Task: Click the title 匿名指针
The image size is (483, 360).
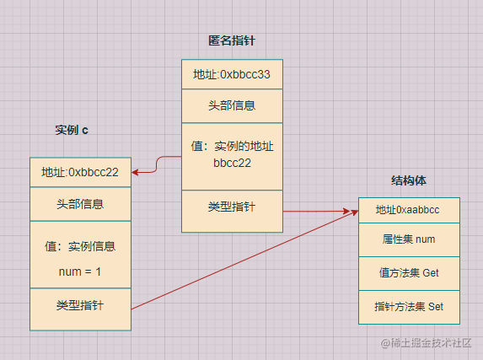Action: (232, 40)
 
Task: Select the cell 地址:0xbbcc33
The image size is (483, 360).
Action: (233, 74)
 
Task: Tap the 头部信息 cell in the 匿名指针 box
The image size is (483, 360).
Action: (233, 106)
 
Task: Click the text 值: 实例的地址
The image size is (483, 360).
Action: (233, 146)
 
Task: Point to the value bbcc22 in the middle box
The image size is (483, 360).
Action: (233, 163)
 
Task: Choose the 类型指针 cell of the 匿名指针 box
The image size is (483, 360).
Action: (233, 211)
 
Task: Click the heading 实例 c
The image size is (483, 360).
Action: (72, 130)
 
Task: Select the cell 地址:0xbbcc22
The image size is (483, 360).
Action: (80, 172)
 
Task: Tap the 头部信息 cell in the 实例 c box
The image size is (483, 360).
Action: (80, 204)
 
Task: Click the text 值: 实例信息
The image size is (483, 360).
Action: (80, 246)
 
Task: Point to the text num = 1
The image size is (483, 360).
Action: (80, 271)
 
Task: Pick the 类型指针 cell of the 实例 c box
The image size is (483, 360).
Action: (80, 309)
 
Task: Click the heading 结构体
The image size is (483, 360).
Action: (409, 180)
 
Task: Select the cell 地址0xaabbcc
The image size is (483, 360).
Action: (409, 210)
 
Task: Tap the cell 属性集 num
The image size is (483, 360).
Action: (409, 239)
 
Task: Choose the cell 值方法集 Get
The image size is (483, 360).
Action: (409, 273)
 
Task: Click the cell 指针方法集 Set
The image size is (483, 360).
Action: (409, 307)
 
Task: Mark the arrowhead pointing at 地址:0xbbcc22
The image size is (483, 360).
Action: (135, 172)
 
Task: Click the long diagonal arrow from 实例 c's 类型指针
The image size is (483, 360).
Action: (245, 261)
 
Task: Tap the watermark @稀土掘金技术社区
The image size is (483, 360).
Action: (426, 343)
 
